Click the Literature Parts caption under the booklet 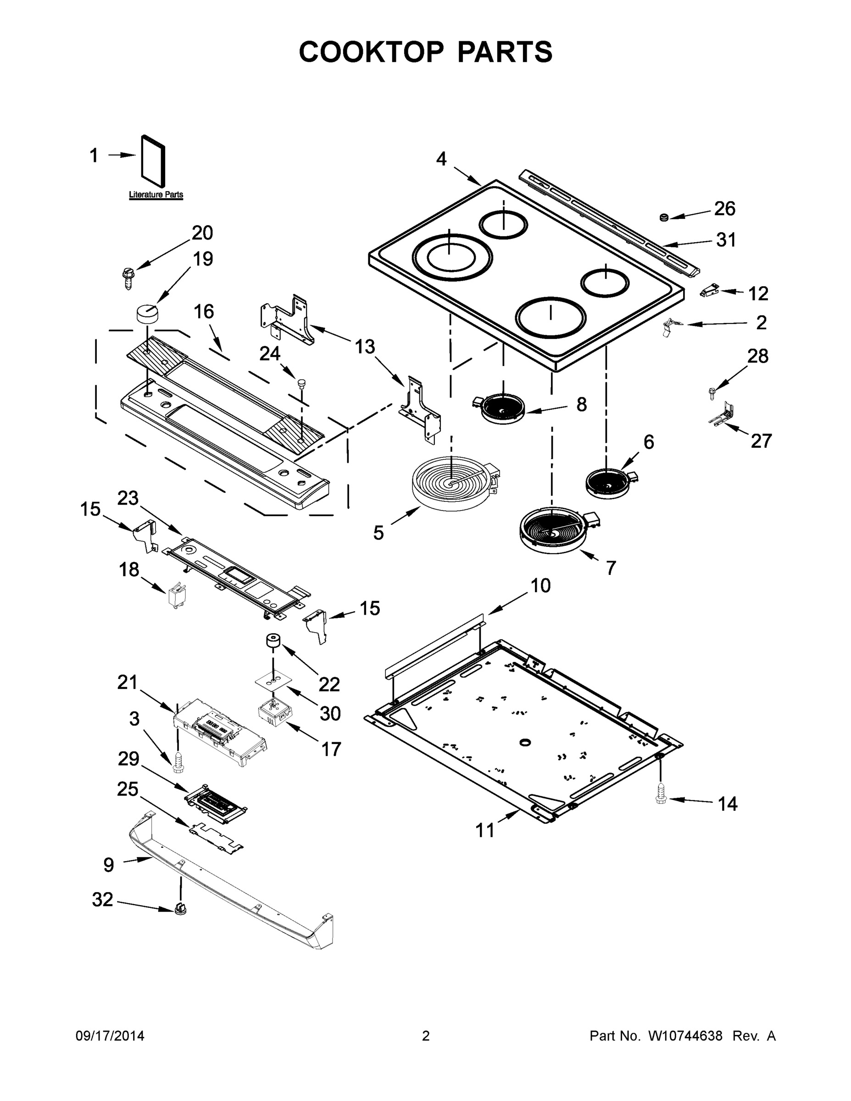tap(156, 195)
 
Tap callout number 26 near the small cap tap(724, 208)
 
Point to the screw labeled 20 tap(128, 277)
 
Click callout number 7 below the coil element tap(611, 568)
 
